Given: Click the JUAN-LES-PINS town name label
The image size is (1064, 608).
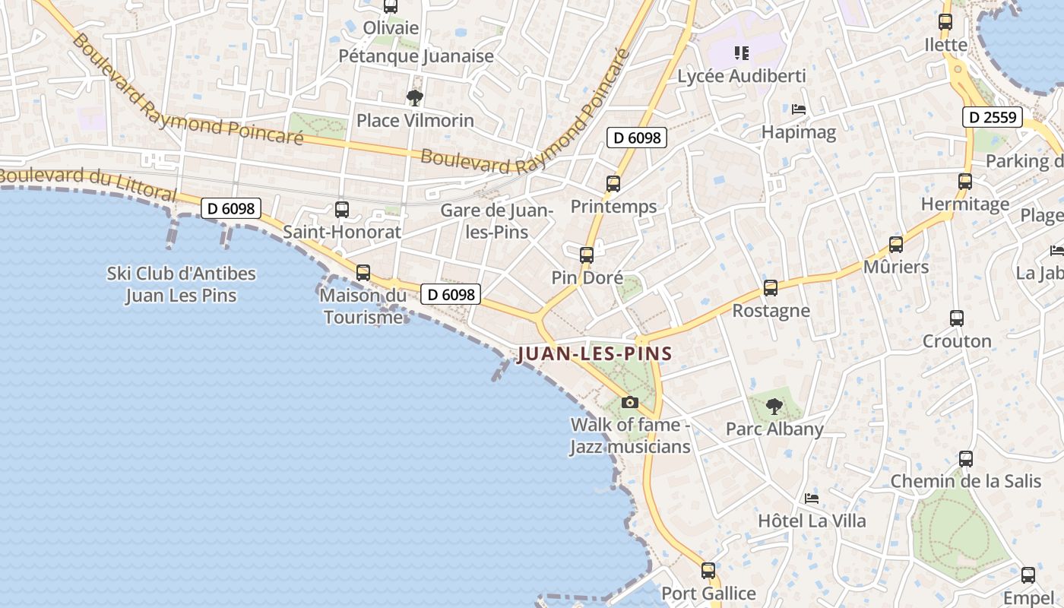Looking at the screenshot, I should click(594, 353).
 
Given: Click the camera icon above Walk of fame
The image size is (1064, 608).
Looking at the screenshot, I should click(629, 402).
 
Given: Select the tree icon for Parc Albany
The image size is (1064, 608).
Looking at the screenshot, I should click(774, 407).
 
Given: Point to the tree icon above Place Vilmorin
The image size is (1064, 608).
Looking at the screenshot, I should click(415, 97).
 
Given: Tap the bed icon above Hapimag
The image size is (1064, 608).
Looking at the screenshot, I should click(799, 109).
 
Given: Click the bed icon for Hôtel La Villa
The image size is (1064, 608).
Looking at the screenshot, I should click(812, 499).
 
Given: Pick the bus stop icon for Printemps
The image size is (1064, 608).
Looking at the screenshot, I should click(613, 183).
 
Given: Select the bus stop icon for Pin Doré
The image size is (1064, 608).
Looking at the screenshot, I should click(587, 255).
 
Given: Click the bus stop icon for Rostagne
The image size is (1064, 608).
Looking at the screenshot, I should click(771, 288).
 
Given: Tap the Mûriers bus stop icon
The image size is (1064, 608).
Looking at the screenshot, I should click(896, 245).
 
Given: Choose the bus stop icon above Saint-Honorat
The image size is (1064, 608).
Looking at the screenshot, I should click(342, 209).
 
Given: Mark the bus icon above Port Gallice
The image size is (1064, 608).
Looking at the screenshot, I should click(708, 570).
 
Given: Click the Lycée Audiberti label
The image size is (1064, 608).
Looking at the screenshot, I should click(741, 76).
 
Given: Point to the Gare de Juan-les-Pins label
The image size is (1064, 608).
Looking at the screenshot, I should click(497, 220).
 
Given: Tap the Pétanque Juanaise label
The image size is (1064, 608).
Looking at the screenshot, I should click(416, 55).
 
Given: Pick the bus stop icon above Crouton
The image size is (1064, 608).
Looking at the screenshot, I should click(957, 318).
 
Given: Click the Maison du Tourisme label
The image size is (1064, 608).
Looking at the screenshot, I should click(363, 306).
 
